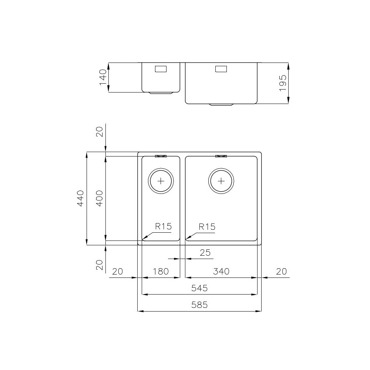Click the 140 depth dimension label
click(103, 77)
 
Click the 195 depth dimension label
click(283, 83)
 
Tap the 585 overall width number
click(199, 305)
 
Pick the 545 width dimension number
click(199, 288)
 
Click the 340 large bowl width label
click(221, 271)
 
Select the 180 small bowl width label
click(161, 271)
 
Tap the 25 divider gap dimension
click(205, 253)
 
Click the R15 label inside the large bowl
click(207, 227)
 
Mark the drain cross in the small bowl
click(161, 181)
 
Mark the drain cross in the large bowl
click(221, 181)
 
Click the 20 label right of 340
click(281, 271)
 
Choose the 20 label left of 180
click(117, 271)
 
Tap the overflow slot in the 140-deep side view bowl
click(161, 69)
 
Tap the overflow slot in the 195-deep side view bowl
click(221, 69)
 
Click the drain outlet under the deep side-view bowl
click(221, 105)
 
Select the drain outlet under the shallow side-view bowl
click(161, 93)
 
